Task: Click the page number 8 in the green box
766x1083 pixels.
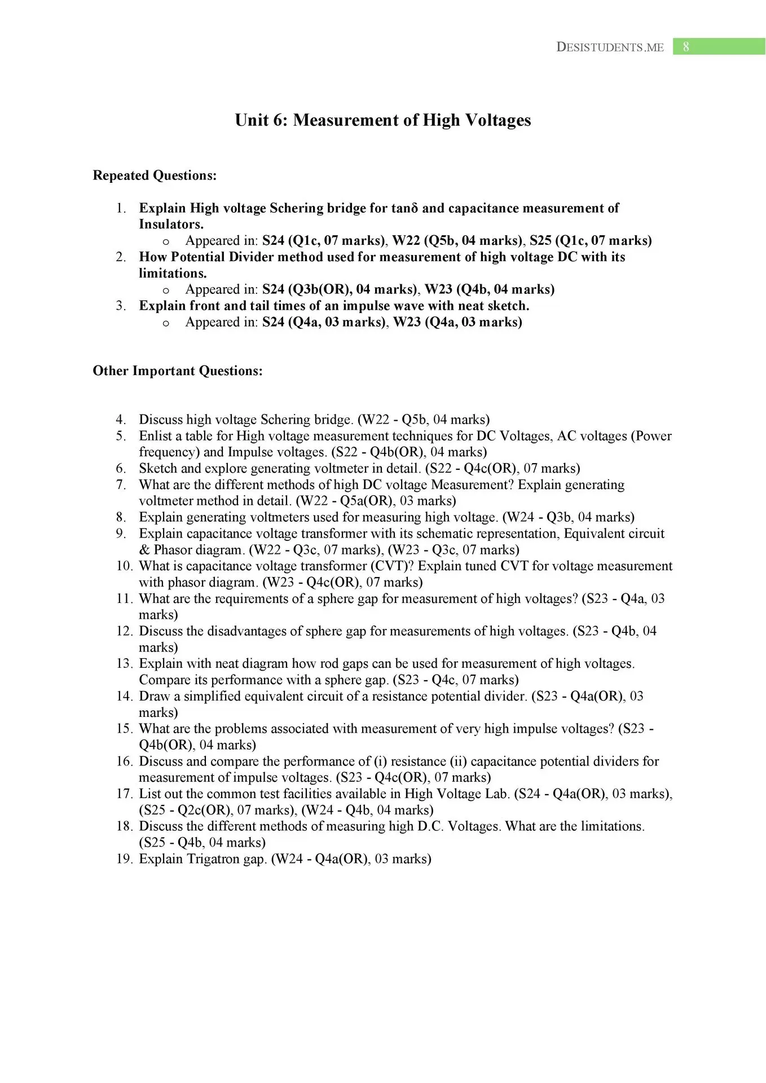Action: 686,47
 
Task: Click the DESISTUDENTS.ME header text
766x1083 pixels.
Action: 610,47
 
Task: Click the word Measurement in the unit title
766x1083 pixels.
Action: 347,120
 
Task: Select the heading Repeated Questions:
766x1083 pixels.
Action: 155,175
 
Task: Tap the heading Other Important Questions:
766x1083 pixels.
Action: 178,371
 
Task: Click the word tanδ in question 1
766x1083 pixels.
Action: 404,208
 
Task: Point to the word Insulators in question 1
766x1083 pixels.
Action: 170,224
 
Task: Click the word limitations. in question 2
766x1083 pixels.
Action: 173,274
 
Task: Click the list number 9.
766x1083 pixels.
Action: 121,534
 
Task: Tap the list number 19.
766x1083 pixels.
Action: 124,859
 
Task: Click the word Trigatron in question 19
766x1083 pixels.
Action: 214,859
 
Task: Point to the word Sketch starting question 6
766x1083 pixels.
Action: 157,469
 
